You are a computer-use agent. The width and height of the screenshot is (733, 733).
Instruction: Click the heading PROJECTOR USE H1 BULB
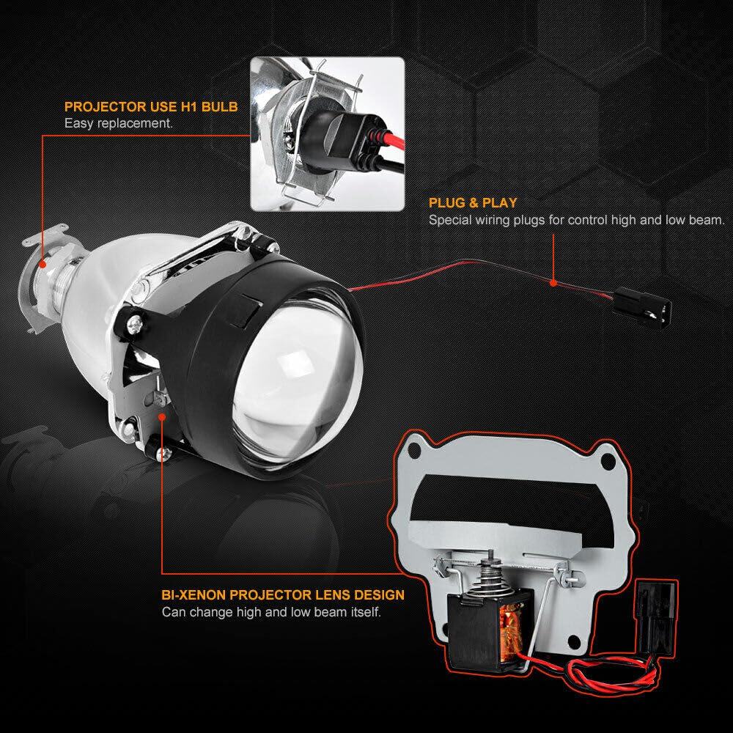click(x=151, y=106)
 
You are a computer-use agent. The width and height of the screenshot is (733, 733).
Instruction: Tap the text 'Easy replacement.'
click(x=119, y=123)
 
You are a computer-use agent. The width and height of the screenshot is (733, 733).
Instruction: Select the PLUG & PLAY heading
click(x=473, y=203)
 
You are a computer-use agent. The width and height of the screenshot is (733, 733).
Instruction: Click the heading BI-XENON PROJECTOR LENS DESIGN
click(x=283, y=594)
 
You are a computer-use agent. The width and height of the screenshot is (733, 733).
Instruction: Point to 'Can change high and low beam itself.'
click(x=271, y=612)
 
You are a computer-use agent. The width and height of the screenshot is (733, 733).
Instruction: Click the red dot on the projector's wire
click(x=553, y=283)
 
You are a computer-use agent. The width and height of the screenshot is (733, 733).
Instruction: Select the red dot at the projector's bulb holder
click(x=43, y=264)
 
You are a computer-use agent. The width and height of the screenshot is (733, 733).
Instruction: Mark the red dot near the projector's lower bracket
click(x=162, y=417)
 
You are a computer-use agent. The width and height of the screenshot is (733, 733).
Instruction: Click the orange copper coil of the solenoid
click(x=509, y=632)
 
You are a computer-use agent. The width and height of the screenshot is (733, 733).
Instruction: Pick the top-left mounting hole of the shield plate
click(x=413, y=451)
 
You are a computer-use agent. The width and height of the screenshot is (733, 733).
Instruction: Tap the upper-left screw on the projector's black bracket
click(x=135, y=323)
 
